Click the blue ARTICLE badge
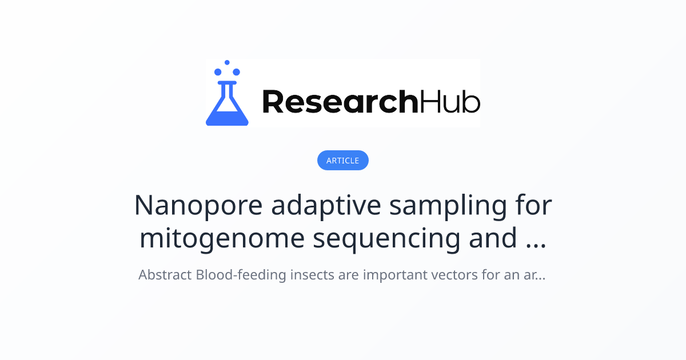[342, 161]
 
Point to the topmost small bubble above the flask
[227, 62]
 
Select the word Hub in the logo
[450, 102]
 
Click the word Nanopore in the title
[198, 206]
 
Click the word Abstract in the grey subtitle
[165, 275]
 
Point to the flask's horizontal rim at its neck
[227, 82]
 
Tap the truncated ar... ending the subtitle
[532, 275]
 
